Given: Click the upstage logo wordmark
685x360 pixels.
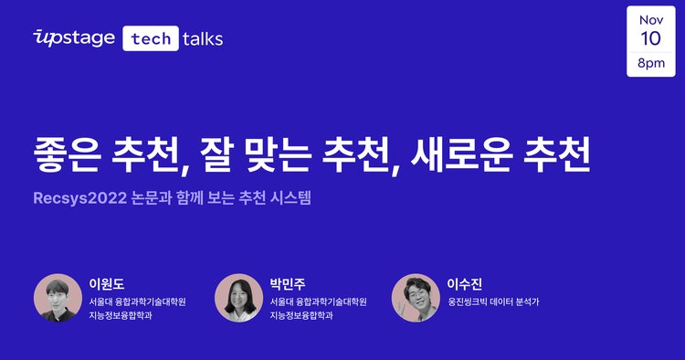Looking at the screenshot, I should pos(73,37).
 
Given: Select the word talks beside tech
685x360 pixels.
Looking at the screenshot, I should pos(203,37).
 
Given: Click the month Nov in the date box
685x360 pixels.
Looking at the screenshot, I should pos(651,19).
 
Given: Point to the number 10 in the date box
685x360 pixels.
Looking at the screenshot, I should pos(651,40).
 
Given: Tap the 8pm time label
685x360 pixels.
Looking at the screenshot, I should pos(651,64).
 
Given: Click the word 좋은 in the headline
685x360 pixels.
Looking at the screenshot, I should pos(72,153).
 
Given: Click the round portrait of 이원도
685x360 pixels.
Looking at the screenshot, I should pos(57,298).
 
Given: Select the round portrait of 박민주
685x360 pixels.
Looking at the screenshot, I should pos(238,298).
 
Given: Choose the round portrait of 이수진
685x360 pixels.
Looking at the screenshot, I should pos(416,298).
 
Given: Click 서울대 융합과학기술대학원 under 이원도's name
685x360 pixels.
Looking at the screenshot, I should pos(137,301).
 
